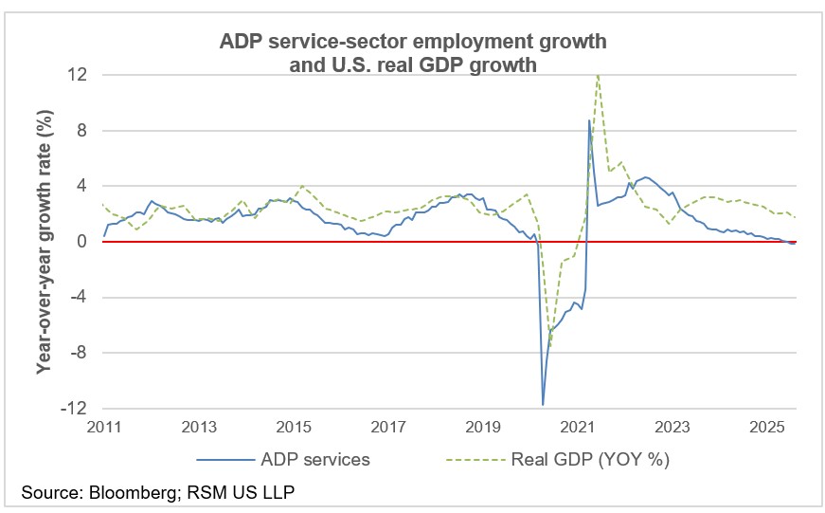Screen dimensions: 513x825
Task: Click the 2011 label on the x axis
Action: (x=105, y=427)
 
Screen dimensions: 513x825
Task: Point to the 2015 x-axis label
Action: (x=295, y=427)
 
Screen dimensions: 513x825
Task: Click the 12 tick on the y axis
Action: (x=78, y=75)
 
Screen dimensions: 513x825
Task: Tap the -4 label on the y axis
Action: (x=80, y=298)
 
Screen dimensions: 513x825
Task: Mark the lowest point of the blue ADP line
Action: (x=543, y=405)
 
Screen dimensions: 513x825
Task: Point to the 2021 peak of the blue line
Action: (x=589, y=120)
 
